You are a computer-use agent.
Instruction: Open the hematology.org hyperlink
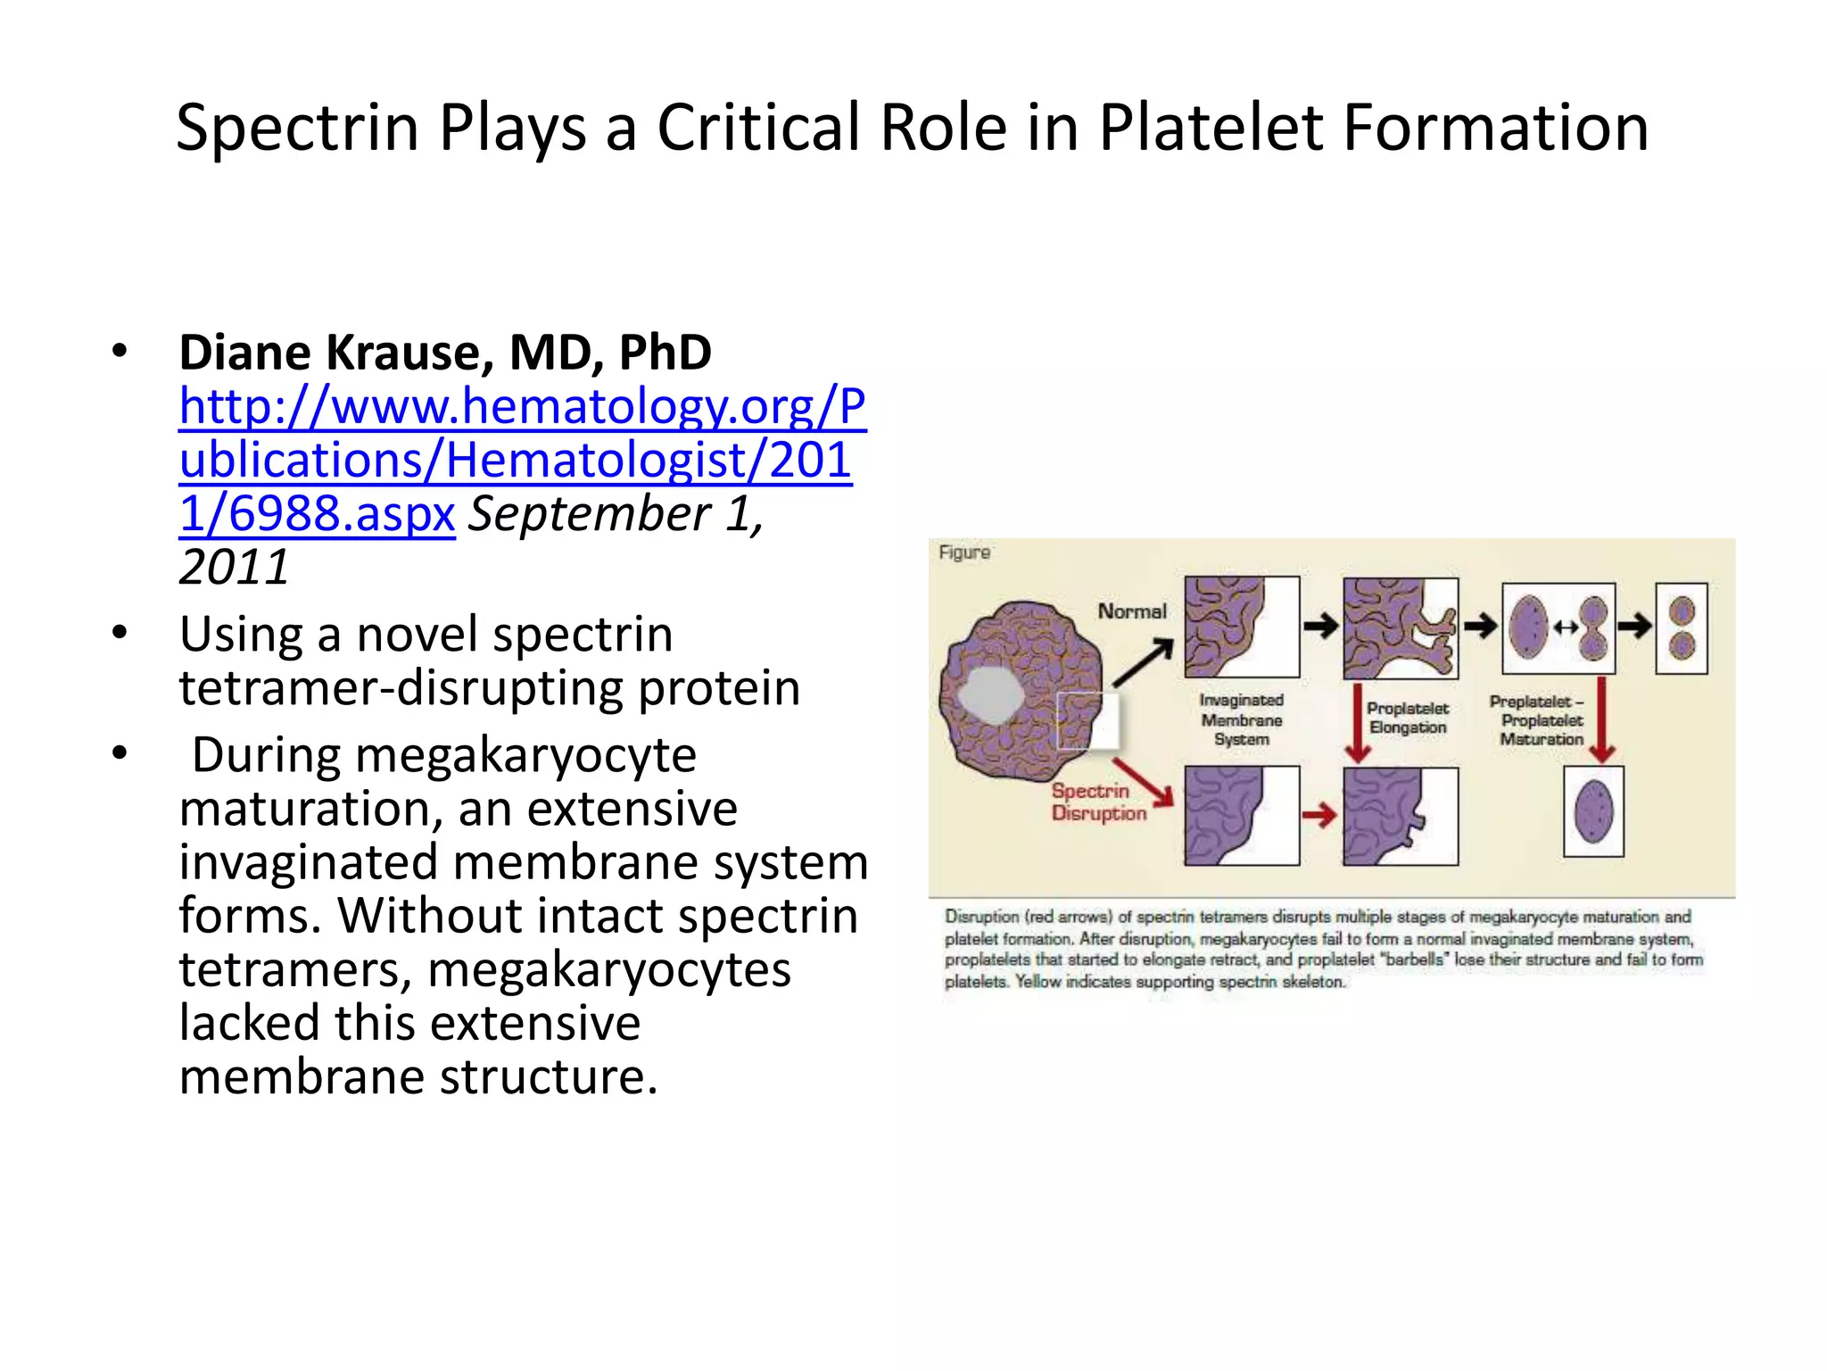(517, 459)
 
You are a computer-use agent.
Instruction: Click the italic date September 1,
(616, 513)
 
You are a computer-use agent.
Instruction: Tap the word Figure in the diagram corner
(964, 553)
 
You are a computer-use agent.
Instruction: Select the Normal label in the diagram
(1131, 611)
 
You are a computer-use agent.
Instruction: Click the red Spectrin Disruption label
(1098, 802)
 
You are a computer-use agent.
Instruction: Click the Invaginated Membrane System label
(1241, 719)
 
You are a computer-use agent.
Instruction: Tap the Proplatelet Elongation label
(1408, 718)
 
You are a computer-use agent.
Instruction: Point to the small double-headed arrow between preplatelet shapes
(1566, 627)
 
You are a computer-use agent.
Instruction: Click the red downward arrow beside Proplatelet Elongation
(1358, 723)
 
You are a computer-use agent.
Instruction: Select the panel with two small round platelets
(1682, 627)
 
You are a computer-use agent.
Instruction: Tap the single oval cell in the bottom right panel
(1593, 812)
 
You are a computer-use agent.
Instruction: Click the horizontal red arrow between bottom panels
(1319, 814)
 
